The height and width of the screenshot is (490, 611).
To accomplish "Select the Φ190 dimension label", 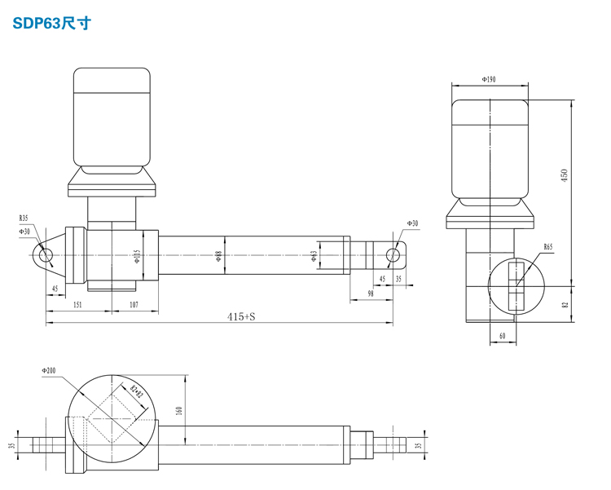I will [489, 80].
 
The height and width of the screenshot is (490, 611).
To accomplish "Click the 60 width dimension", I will [502, 335].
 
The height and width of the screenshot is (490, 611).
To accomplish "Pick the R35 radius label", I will [24, 218].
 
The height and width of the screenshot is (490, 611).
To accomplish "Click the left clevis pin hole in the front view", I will [46, 254].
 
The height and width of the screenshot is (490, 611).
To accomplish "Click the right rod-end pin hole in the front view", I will [393, 254].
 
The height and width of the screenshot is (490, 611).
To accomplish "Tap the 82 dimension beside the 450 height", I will [564, 304].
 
